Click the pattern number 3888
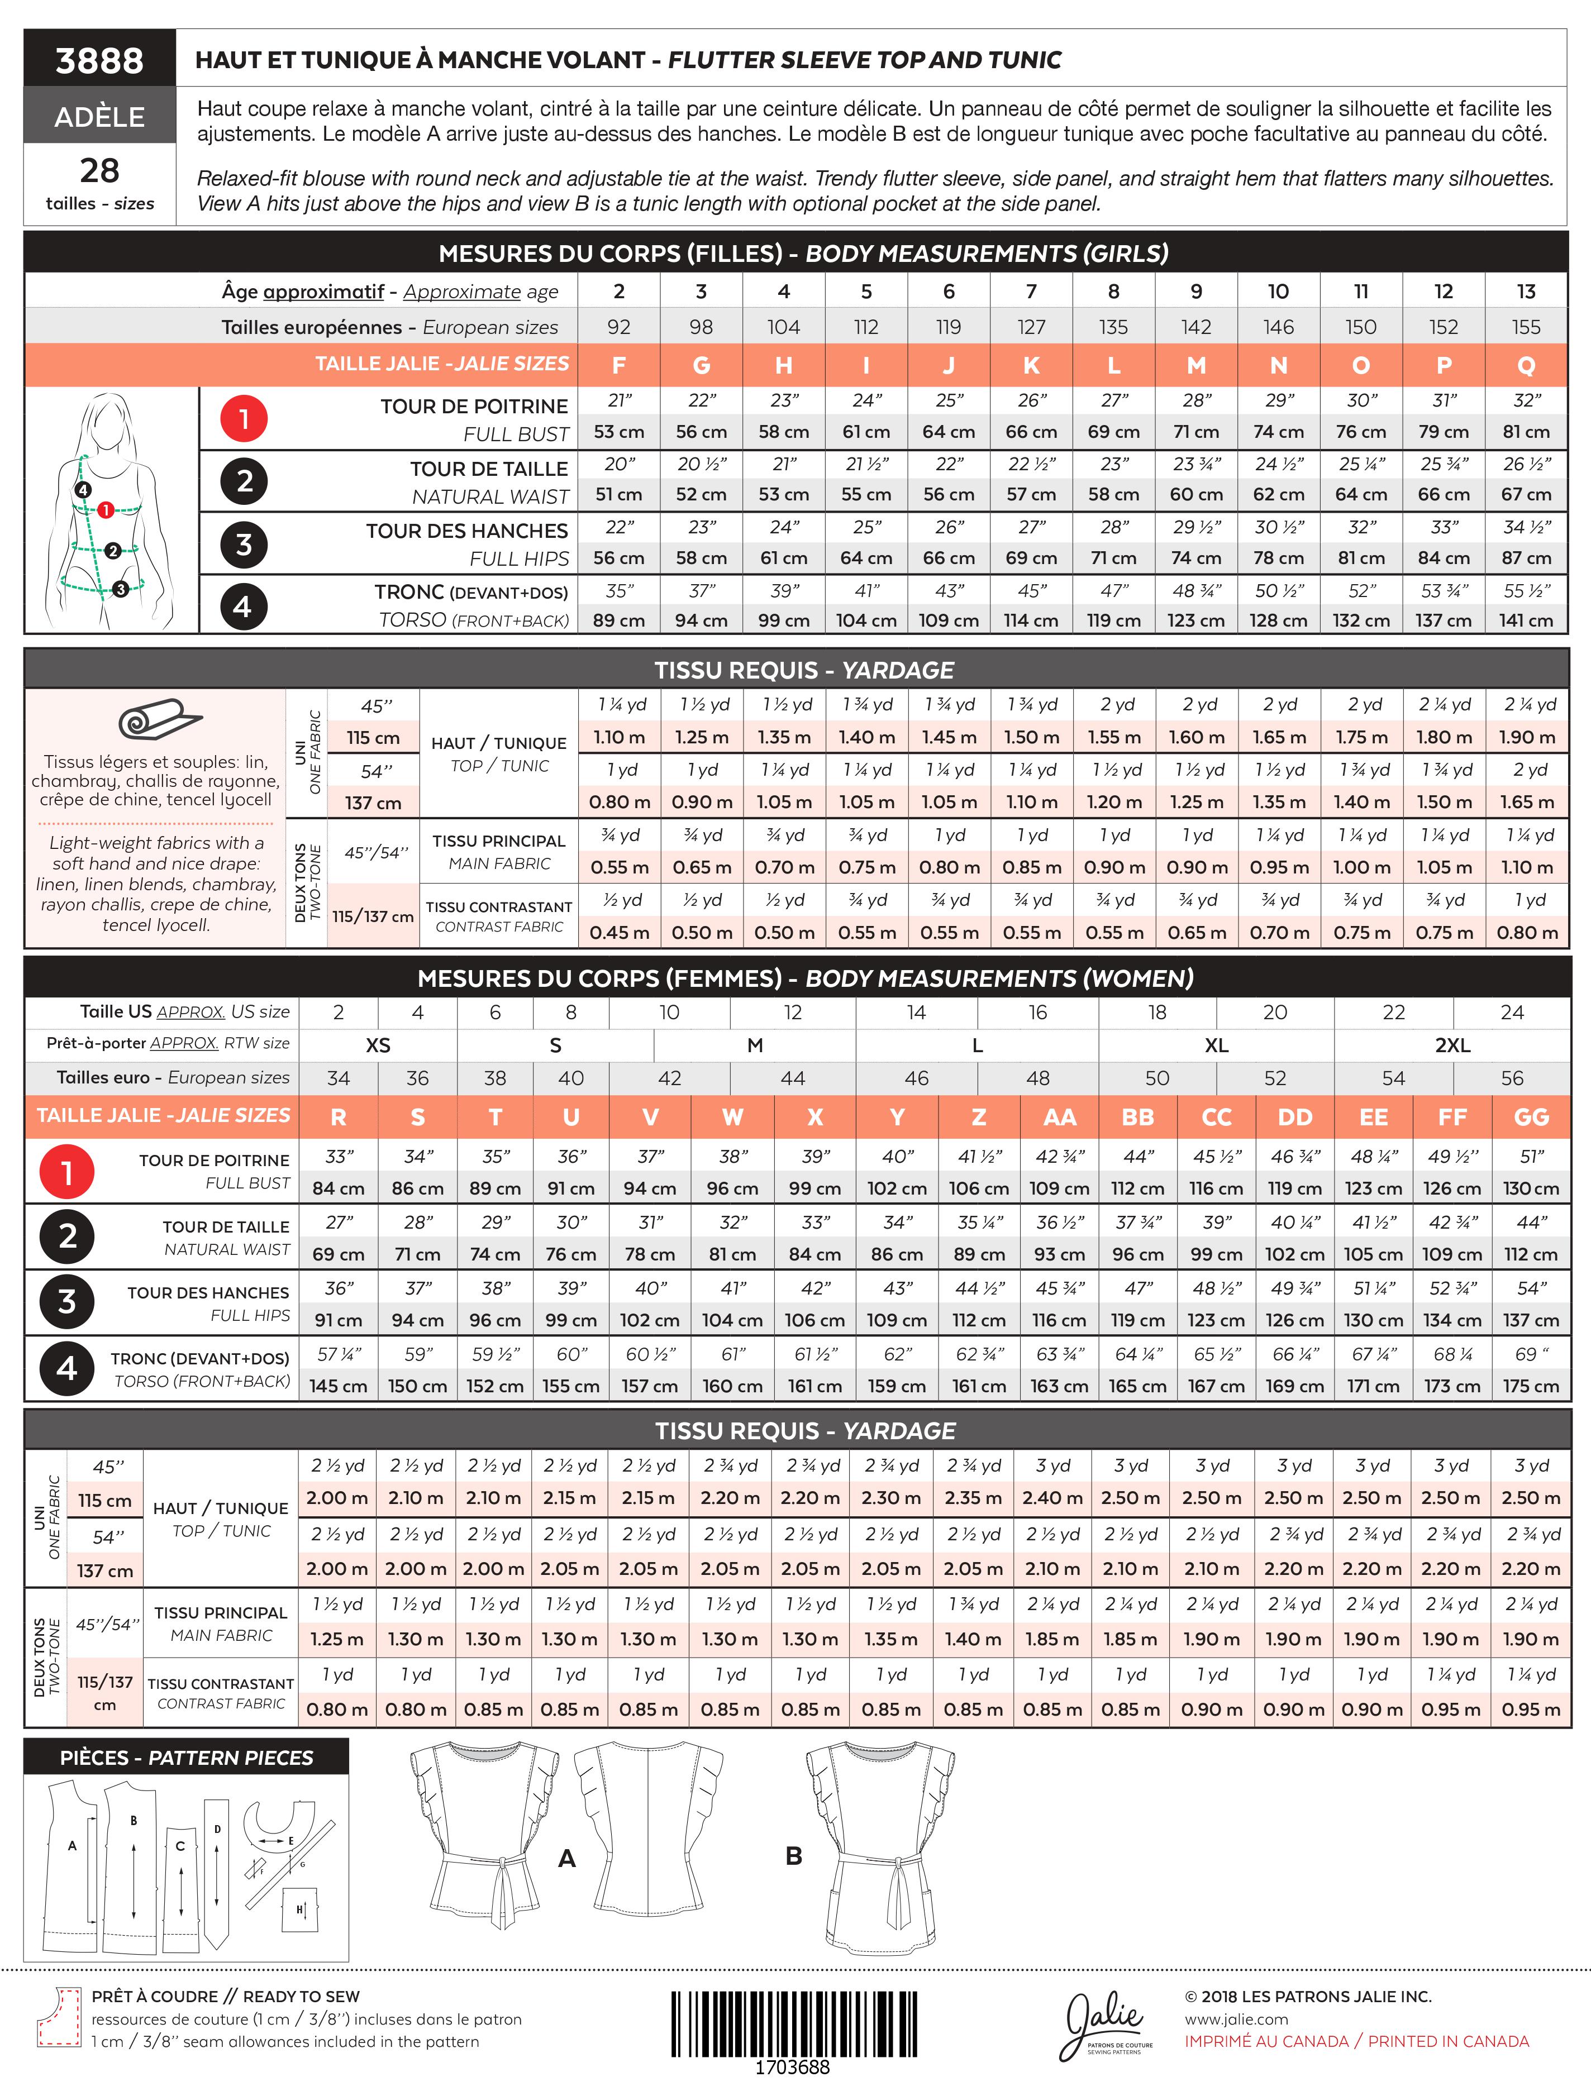pos(99,61)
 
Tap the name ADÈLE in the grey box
pos(99,117)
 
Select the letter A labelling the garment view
pos(566,1858)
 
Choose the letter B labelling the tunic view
pos(794,1855)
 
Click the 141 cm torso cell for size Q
pos(1526,620)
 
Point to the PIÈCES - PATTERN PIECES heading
pos(187,1758)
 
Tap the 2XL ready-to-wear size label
pos(1452,1045)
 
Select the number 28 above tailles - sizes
pos(99,170)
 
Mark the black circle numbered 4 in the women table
pos(66,1368)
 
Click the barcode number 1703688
pos(792,2066)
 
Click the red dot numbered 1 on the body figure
pos(105,510)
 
